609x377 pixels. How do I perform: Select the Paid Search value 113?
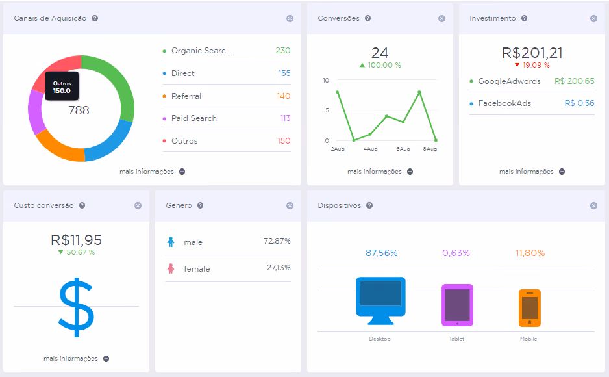pos(286,118)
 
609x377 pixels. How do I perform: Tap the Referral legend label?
pos(186,96)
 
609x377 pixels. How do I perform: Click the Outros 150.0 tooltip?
pos(62,86)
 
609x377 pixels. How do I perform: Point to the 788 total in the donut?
pos(79,110)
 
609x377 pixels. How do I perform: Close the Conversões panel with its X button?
pos(441,19)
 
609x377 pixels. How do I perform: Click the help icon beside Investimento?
pos(525,18)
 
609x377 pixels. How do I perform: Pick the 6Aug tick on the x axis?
pos(403,149)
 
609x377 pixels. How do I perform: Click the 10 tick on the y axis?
pos(325,81)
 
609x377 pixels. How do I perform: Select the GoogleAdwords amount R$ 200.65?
pos(574,81)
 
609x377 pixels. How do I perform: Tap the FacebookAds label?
pos(504,103)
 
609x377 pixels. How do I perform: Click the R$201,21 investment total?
pos(532,53)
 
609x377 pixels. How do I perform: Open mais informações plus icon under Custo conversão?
pos(106,359)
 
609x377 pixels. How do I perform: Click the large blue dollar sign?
pos(76,307)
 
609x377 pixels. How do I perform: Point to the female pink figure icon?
pos(171,268)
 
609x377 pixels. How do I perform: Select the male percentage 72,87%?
pos(277,241)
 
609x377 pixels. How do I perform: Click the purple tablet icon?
pos(457,305)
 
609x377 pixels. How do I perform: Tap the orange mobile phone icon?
pos(530,308)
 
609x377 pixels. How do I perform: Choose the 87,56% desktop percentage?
pos(381,253)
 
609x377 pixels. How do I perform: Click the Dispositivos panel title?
pos(339,205)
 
